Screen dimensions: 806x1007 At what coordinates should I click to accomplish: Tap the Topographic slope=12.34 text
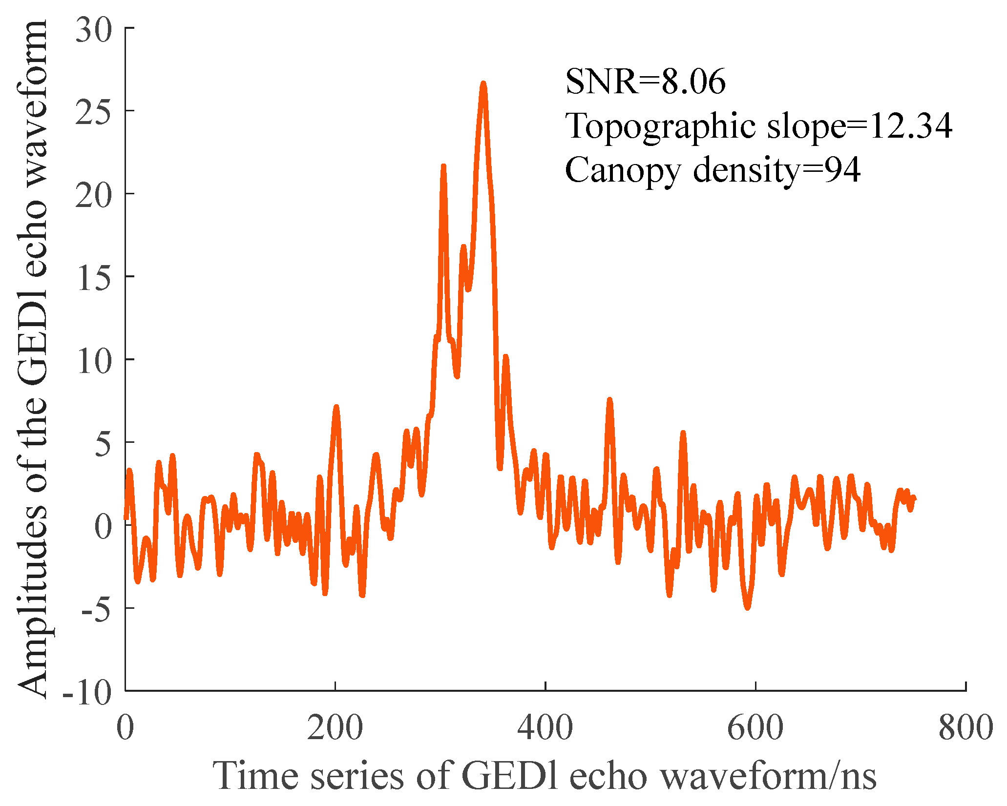[758, 126]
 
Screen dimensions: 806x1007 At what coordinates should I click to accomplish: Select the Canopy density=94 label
[712, 170]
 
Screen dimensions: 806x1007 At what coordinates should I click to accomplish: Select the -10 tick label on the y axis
[87, 692]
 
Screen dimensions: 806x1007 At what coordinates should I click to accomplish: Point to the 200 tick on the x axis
[335, 727]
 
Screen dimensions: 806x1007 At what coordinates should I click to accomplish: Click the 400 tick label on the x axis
[545, 727]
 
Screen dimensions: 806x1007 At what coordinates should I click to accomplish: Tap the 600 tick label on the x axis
[755, 727]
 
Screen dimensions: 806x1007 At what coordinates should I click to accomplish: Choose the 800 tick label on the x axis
[965, 727]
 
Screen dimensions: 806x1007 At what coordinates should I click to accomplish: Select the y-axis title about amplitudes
[33, 359]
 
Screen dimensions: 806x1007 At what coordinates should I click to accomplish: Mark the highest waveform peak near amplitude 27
[483, 84]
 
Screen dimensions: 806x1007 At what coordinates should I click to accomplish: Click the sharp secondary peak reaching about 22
[443, 167]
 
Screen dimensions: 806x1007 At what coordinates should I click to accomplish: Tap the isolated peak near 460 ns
[609, 400]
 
